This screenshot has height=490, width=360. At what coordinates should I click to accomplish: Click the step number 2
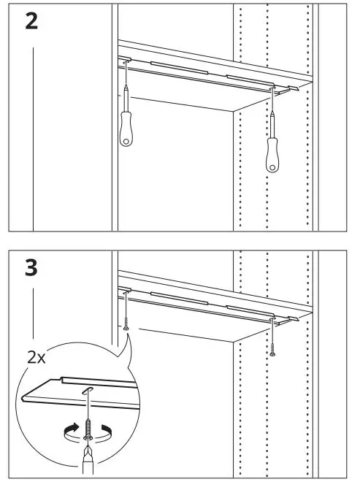[31, 21]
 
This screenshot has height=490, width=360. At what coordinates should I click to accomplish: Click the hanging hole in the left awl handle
[126, 139]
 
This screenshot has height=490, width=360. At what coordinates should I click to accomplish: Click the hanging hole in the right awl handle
[274, 166]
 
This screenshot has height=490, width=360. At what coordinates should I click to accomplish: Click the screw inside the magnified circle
[89, 431]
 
